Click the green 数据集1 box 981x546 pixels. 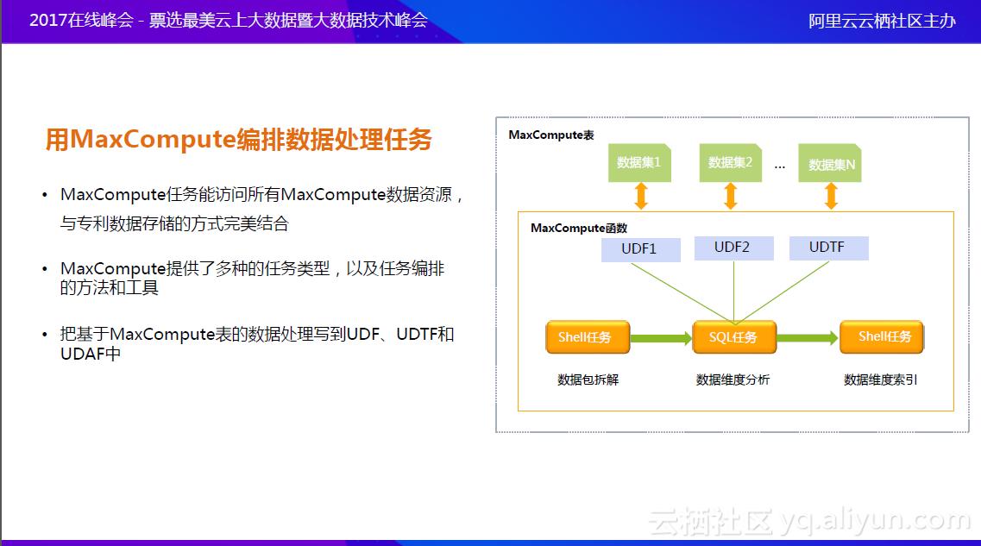pos(639,162)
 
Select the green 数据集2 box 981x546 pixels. pos(731,162)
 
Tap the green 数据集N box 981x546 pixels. pos(832,164)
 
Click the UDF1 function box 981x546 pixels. pos(640,249)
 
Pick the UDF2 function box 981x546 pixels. pos(733,248)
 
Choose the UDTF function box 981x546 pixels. pos(827,248)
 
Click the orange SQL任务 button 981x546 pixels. pos(733,337)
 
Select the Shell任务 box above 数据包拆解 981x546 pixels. pos(587,337)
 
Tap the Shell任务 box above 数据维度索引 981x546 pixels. pos(881,336)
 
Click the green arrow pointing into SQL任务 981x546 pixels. pos(661,338)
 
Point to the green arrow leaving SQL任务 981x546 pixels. pos(808,338)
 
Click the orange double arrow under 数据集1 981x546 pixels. pos(640,196)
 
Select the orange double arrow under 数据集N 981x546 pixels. pos(832,196)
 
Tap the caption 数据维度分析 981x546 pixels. pos(733,380)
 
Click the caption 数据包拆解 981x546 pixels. pos(588,380)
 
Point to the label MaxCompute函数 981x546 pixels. pos(578,229)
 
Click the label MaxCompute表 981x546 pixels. pos(550,135)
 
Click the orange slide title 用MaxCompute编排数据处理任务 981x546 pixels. pos(239,140)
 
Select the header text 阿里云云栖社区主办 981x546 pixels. pos(882,22)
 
